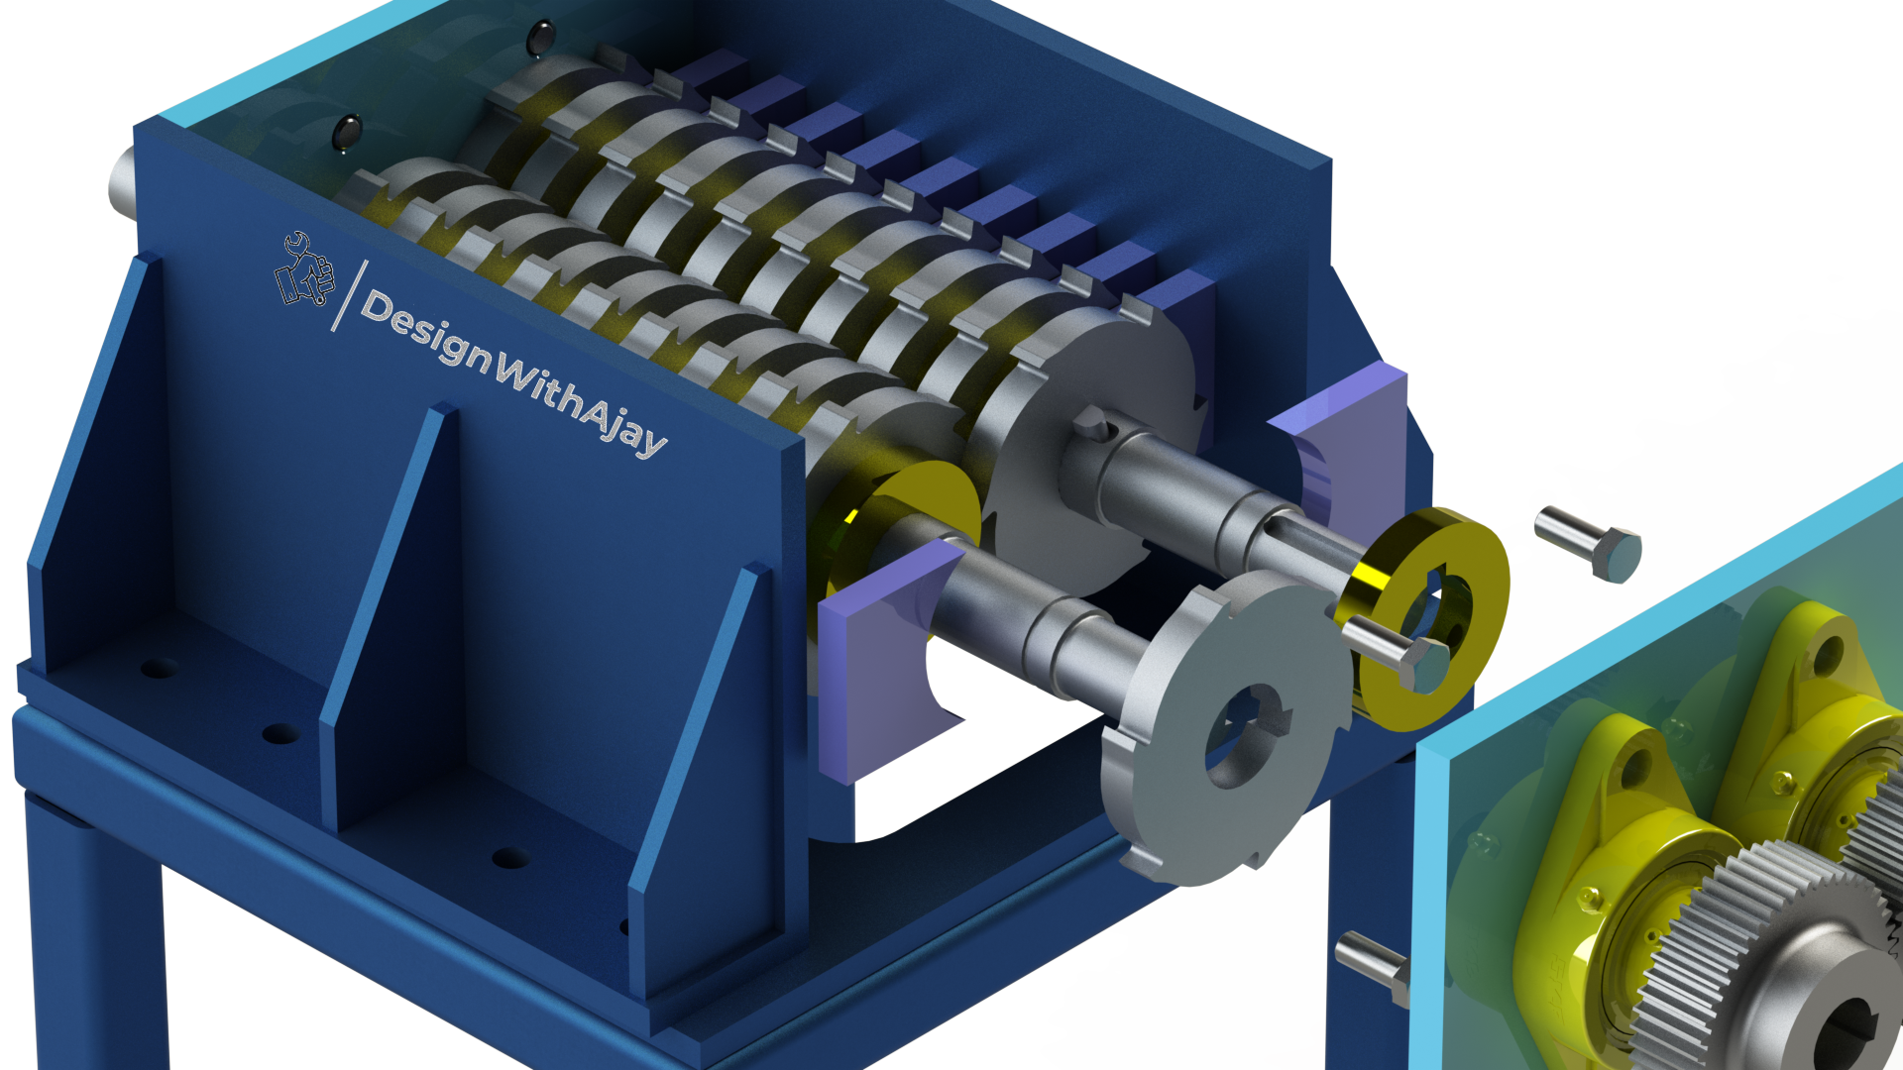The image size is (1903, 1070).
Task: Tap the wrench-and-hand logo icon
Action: (304, 269)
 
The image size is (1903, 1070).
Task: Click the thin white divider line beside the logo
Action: (349, 295)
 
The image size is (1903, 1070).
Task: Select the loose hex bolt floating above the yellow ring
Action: (1589, 542)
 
